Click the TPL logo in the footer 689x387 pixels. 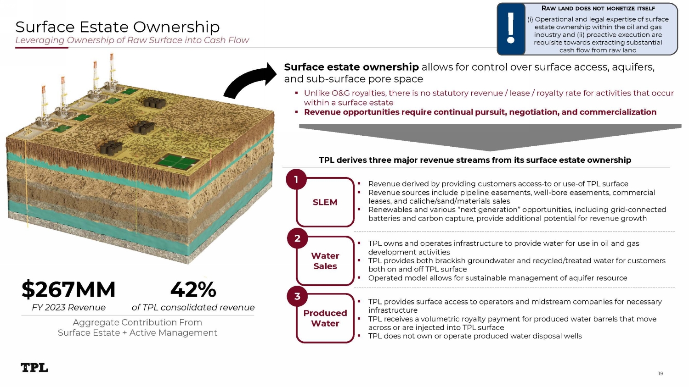coord(34,367)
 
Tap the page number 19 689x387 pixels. coord(661,373)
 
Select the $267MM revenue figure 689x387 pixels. coord(68,289)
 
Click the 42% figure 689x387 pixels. coord(193,289)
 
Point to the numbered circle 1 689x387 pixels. coord(296,179)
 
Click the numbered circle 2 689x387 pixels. coord(297,238)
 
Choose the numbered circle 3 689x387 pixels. coord(297,296)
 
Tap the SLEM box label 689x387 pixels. coord(325,202)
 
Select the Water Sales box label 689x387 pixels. coord(325,261)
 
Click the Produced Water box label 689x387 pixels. coord(325,318)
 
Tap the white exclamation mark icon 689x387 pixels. coord(511,29)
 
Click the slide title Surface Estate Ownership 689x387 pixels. coord(118,27)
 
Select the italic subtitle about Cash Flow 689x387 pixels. coord(132,40)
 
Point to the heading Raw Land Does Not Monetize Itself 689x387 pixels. coord(598,8)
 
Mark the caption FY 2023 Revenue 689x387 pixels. coord(68,308)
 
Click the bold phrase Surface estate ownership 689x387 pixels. coord(351,67)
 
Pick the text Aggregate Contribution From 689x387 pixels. coord(137,322)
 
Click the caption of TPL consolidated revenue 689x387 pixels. coord(193,308)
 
